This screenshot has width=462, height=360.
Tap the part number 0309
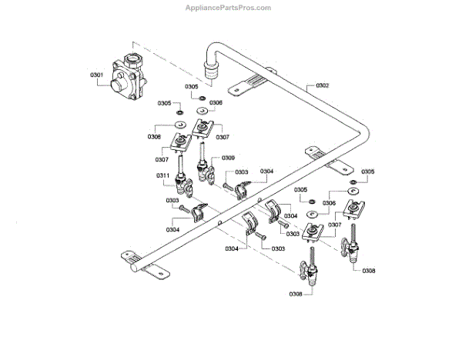[229, 158]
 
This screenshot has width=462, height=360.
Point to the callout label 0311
[163, 175]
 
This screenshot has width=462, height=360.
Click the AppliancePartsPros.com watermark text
[229, 8]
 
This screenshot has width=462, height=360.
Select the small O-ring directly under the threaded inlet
[202, 99]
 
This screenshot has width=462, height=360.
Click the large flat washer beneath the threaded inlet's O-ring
[203, 111]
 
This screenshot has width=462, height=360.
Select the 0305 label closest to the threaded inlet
[191, 87]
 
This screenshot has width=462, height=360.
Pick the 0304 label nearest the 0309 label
[266, 171]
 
